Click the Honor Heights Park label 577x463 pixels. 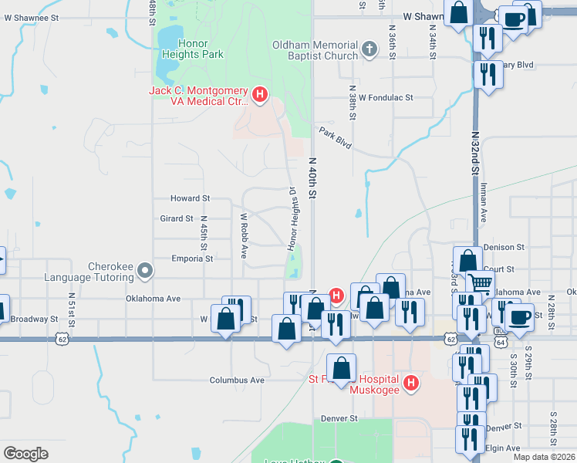point(190,49)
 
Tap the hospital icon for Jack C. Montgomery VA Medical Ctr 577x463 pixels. point(260,96)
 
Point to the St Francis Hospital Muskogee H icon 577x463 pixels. point(411,383)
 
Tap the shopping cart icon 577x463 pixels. point(481,283)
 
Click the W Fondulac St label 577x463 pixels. point(380,98)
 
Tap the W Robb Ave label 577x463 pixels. point(243,235)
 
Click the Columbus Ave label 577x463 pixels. point(237,380)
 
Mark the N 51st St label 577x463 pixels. point(71,306)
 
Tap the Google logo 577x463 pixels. point(25,453)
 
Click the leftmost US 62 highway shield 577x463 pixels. point(62,339)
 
